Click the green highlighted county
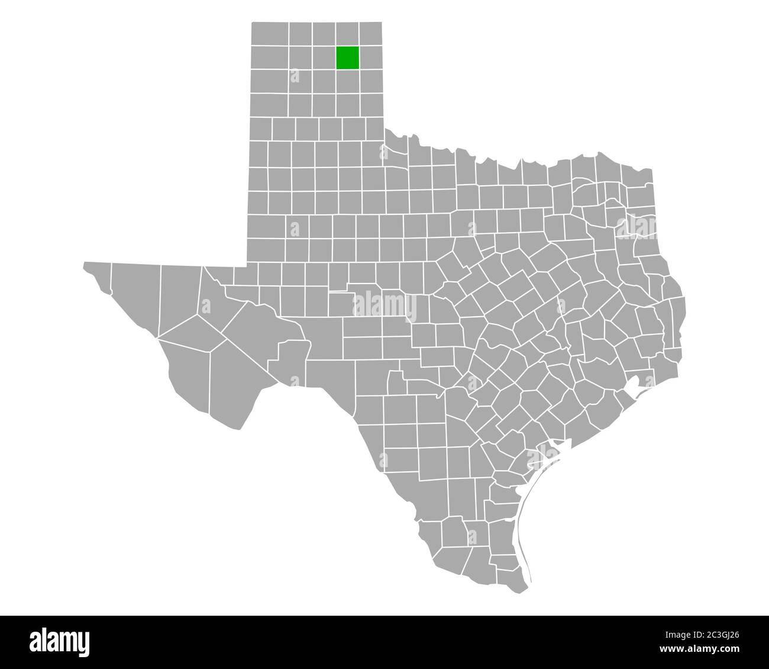point(347,57)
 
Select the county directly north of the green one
point(347,34)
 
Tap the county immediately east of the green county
point(370,57)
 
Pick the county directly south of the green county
point(347,81)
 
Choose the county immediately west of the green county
point(324,57)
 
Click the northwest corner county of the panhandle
point(270,34)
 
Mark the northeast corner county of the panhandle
point(370,34)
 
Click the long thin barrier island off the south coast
point(523,533)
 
